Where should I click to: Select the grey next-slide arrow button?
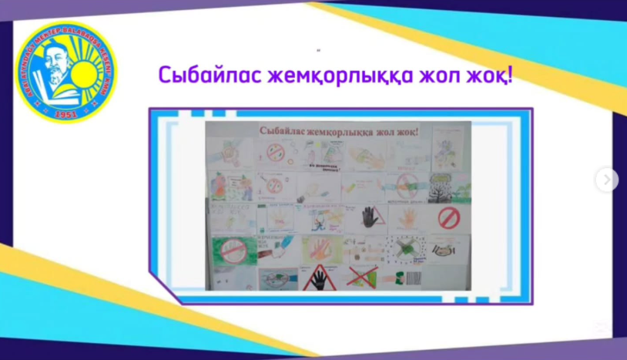coord(606,180)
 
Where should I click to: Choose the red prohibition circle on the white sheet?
coord(448,217)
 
